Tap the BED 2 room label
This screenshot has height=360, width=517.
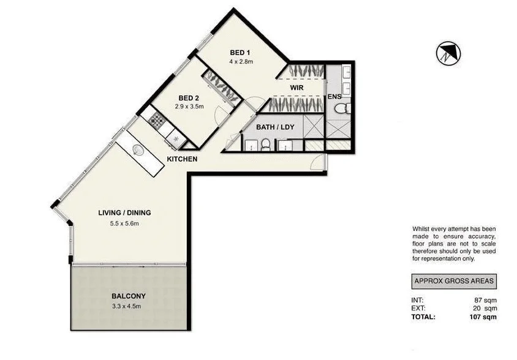click(x=188, y=98)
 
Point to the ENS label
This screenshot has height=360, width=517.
click(x=334, y=97)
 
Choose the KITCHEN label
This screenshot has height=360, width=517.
click(x=183, y=159)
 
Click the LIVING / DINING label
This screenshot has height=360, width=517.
click(x=124, y=213)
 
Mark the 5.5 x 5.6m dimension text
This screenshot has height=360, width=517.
click(x=124, y=223)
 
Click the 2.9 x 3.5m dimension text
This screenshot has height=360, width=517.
click(x=188, y=107)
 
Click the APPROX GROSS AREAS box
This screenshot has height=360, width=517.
click(x=453, y=282)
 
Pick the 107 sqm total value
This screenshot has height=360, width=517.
click(x=482, y=317)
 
